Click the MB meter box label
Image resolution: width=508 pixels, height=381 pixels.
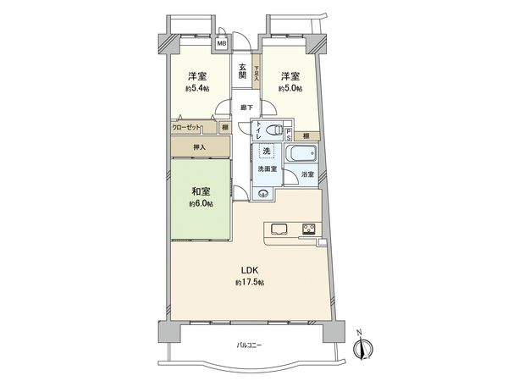221,43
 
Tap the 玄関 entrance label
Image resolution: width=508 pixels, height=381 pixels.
242,71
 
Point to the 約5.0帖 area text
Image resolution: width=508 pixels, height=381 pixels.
293,86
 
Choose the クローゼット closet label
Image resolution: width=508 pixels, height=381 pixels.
187,127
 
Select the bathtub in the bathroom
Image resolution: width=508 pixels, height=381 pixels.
301,156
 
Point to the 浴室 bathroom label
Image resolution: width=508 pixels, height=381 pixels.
308,174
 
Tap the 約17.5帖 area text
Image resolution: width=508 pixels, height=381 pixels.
250,282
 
